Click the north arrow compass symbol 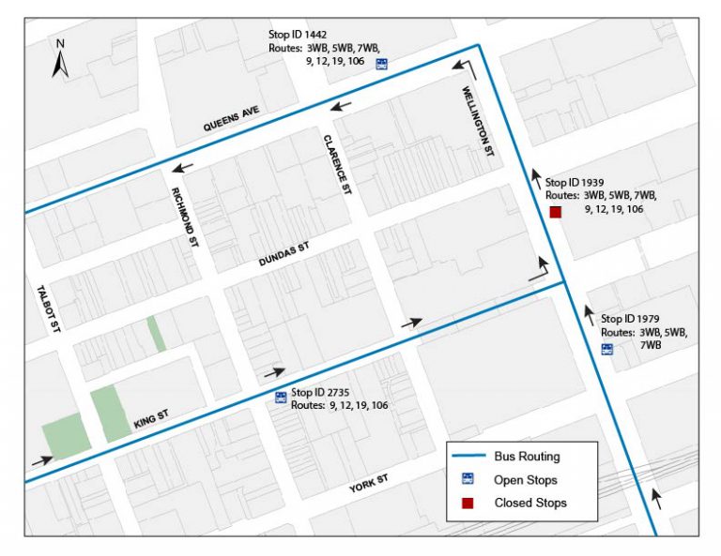click(x=60, y=59)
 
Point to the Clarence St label click(x=336, y=164)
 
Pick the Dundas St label click(x=284, y=256)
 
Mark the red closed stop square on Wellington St click(x=555, y=213)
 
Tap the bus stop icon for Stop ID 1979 click(x=607, y=350)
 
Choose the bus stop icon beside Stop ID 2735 click(x=280, y=398)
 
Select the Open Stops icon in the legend click(x=468, y=479)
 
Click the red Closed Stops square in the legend click(x=468, y=503)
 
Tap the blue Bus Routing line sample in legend click(x=469, y=457)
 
